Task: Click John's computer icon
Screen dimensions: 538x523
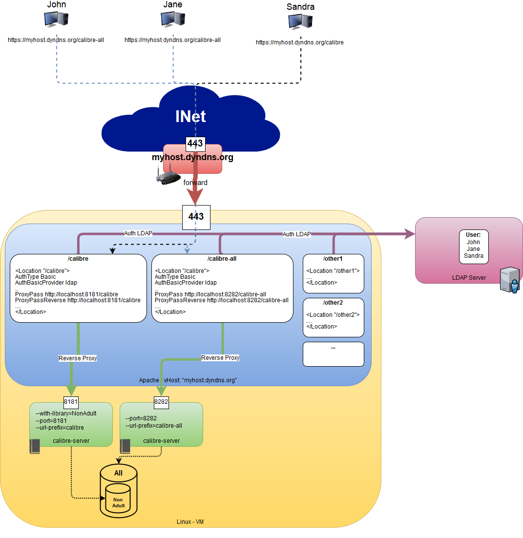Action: coord(56,19)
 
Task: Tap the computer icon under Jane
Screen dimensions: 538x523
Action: coord(173,19)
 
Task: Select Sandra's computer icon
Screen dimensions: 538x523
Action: coord(300,21)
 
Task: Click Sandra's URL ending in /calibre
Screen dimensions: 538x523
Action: coord(300,42)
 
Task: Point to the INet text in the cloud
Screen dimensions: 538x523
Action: coord(190,116)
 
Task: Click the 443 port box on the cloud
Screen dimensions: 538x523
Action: coord(195,144)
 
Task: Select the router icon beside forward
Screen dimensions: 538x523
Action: coord(168,177)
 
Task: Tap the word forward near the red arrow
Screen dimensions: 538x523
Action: coord(195,183)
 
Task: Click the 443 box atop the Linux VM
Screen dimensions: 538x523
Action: coord(196,217)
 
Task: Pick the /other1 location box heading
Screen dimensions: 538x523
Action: coord(333,259)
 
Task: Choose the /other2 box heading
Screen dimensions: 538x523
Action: coord(333,303)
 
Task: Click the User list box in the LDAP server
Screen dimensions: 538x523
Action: coord(473,246)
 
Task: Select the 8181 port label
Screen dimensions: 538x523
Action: coord(71,402)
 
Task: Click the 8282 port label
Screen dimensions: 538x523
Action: coord(161,402)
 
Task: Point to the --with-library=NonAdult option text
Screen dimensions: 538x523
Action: coord(66,414)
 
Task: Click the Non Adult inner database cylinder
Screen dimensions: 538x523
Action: coord(118,502)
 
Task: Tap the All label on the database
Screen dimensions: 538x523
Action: coord(118,473)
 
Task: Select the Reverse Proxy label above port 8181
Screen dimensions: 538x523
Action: coord(78,358)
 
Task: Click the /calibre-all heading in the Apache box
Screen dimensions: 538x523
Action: coord(222,259)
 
